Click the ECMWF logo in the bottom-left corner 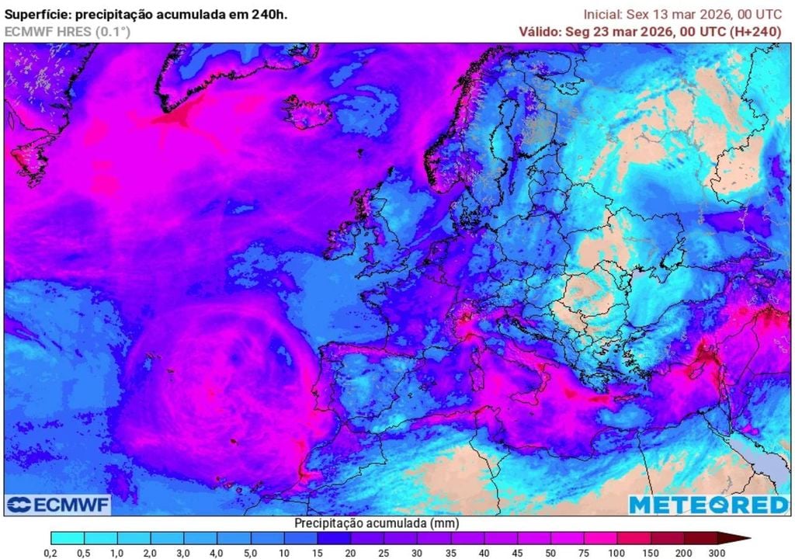(57, 505)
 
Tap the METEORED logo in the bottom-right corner (708, 505)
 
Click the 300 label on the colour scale (717, 552)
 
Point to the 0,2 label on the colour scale (52, 552)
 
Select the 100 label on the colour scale (617, 552)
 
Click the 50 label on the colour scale (550, 552)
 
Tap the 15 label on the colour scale (318, 552)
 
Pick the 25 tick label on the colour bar (384, 552)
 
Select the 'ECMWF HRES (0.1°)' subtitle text (68, 32)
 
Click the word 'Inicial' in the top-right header (602, 15)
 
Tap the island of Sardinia (467, 370)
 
